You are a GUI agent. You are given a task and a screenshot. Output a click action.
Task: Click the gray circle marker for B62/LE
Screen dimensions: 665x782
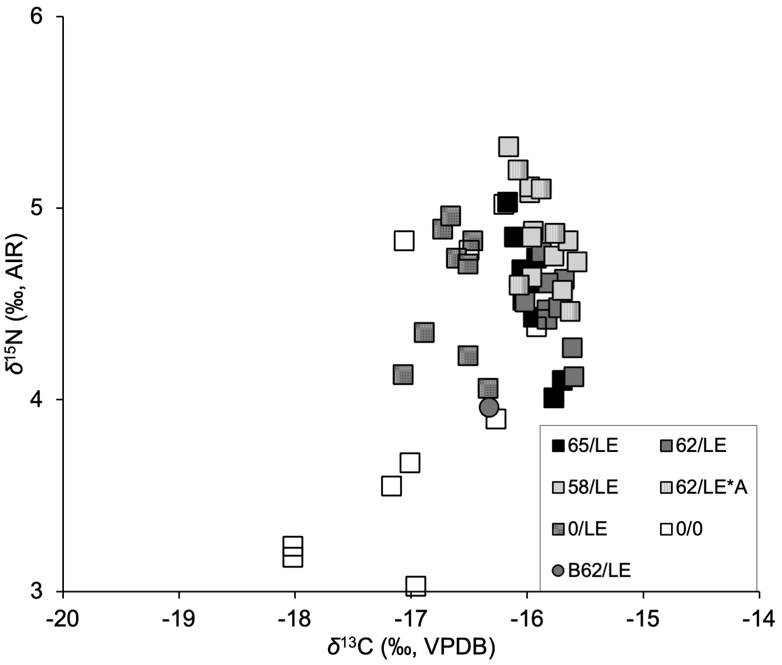click(x=489, y=407)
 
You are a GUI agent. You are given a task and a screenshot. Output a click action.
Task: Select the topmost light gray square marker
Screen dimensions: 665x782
click(x=508, y=146)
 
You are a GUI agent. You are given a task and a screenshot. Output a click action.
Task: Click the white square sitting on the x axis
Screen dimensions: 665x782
click(x=416, y=585)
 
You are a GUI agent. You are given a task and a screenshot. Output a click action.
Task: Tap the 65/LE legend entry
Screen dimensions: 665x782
click(x=585, y=446)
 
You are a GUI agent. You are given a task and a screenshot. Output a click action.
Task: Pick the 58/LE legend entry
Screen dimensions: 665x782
click(x=585, y=487)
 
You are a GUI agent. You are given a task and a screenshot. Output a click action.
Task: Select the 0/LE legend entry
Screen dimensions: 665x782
click(x=579, y=529)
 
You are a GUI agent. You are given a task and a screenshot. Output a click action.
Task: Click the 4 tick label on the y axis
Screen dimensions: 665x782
click(x=36, y=400)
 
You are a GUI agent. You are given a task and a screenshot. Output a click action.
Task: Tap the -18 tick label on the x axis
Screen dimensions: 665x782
click(x=294, y=619)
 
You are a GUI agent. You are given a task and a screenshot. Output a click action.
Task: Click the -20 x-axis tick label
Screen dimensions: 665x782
click(x=63, y=619)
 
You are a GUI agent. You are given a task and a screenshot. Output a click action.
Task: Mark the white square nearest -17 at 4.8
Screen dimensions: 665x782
click(x=404, y=241)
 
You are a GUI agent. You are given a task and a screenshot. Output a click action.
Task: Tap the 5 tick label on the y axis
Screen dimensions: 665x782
click(x=36, y=208)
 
